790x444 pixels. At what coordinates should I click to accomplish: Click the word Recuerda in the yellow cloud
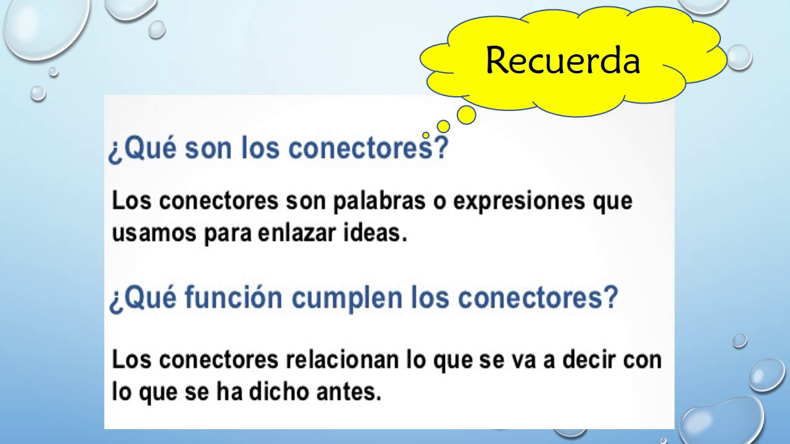click(x=562, y=60)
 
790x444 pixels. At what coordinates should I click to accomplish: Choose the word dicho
click(x=284, y=392)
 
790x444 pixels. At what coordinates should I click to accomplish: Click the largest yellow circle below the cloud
click(x=467, y=115)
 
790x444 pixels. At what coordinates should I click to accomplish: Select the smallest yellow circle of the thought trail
click(x=426, y=135)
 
